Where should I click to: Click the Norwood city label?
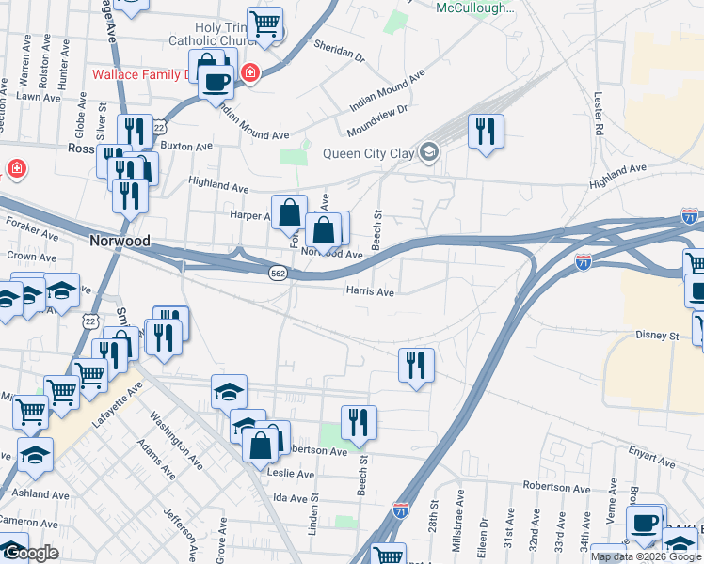tap(120, 241)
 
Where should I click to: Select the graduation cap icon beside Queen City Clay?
tap(429, 152)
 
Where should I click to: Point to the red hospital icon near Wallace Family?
tap(249, 73)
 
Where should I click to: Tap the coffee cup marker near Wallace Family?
tap(216, 81)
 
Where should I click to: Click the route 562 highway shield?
tap(278, 273)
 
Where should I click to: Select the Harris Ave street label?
tap(370, 291)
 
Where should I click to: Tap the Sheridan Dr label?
tap(339, 51)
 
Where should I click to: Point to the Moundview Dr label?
tap(376, 117)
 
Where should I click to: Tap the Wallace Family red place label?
tap(141, 74)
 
